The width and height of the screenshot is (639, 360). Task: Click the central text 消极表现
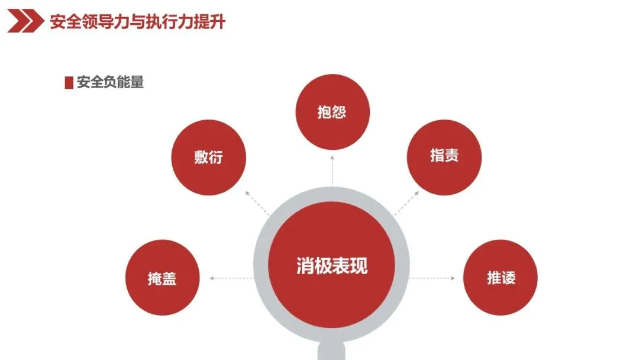[x=332, y=266]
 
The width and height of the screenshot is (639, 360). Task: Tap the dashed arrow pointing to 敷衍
[x=257, y=202]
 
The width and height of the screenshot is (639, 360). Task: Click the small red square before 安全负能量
[x=69, y=83]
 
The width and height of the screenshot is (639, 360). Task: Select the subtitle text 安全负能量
[x=111, y=82]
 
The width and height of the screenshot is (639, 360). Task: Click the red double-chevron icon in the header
[x=25, y=22]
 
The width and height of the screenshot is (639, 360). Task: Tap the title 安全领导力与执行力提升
[x=137, y=22]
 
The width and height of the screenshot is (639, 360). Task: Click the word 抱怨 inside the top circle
[x=332, y=112]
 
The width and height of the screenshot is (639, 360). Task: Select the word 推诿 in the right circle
[x=501, y=278]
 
